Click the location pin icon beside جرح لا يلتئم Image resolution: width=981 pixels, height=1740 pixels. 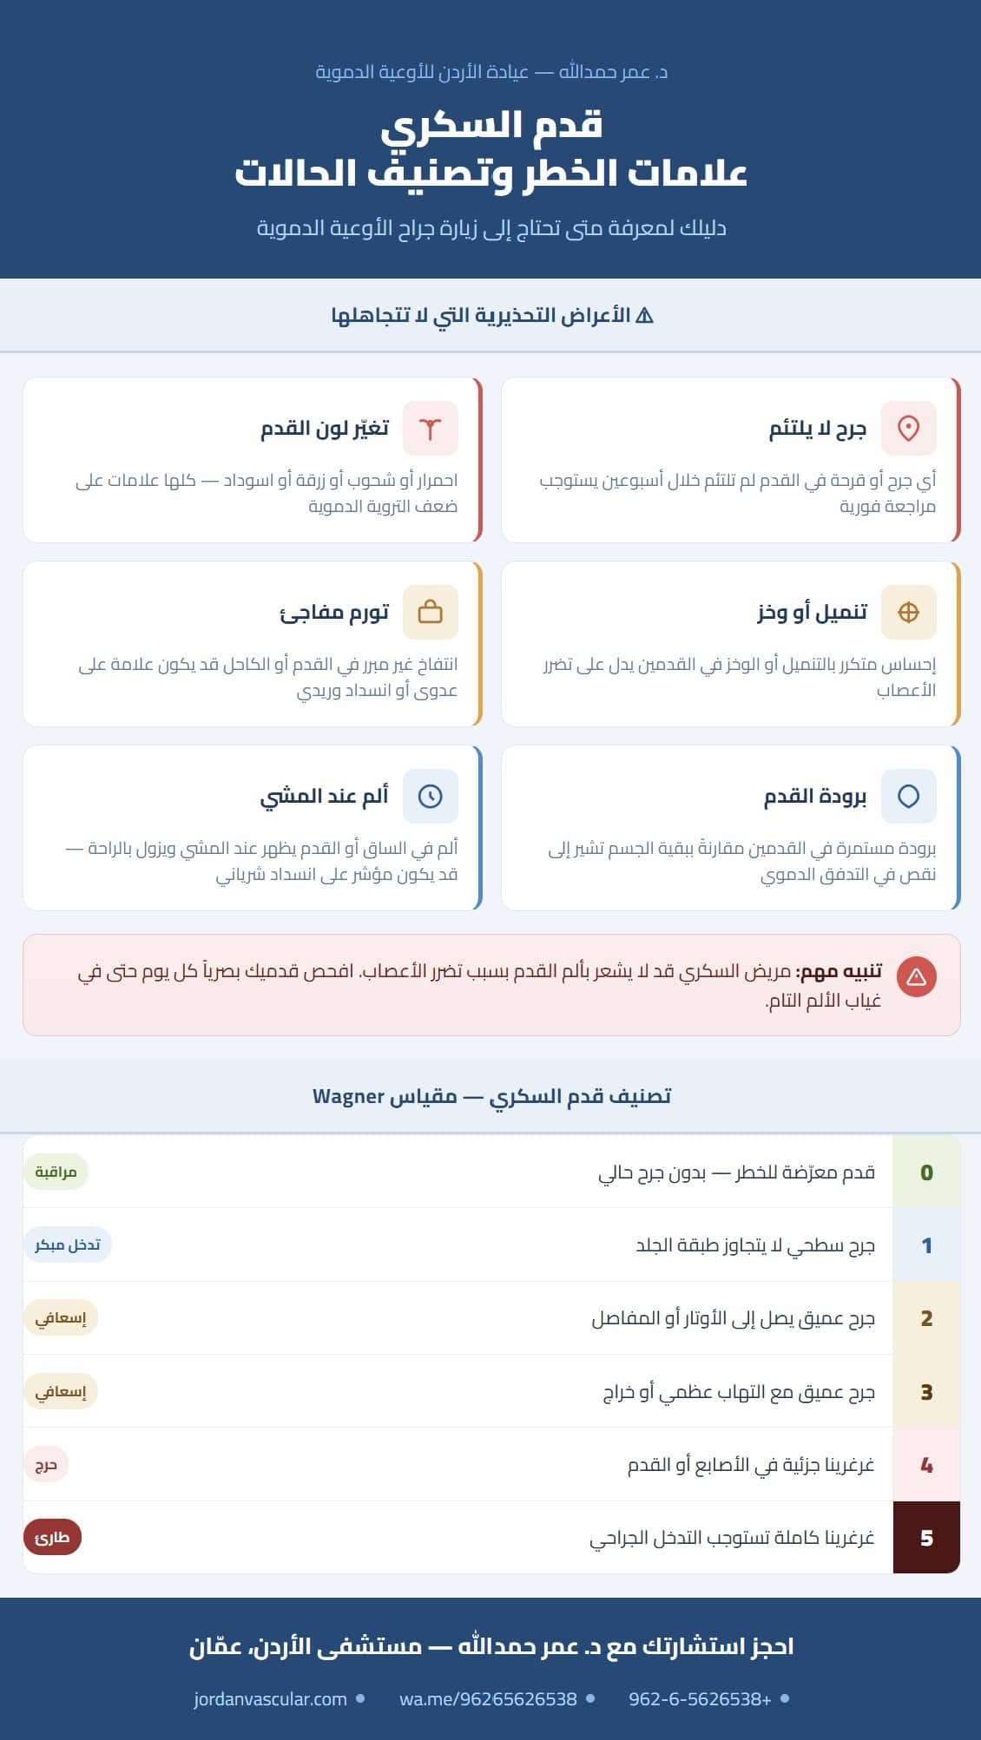coord(908,428)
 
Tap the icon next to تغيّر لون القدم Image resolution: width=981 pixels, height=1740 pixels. coord(430,428)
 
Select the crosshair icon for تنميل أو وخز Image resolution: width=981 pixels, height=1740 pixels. coord(908,612)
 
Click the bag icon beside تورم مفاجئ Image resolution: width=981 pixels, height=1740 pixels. coord(430,612)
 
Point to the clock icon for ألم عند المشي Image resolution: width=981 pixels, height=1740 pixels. coord(430,796)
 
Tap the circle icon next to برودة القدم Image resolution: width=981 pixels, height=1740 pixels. coord(908,796)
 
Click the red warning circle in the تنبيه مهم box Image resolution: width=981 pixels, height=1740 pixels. coord(916,977)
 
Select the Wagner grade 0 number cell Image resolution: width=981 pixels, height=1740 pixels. coord(926,1172)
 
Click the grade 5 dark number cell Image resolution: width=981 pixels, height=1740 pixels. coord(926,1538)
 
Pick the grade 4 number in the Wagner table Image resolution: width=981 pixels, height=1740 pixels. coord(926,1465)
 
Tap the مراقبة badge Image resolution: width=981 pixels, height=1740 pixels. coord(56,1172)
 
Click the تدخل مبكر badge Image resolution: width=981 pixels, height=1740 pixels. coord(67,1245)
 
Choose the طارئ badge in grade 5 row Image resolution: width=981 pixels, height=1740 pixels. coord(52,1538)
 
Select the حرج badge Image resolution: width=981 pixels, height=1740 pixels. coord(45,1465)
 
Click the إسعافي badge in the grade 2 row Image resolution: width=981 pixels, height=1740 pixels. coord(60,1318)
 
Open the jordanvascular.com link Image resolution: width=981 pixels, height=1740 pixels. coord(270,1699)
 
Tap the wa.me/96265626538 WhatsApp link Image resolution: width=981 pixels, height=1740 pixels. coord(488,1699)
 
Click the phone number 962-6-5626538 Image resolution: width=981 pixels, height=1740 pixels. coord(700,1699)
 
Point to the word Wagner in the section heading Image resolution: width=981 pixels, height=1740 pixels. coord(348,1097)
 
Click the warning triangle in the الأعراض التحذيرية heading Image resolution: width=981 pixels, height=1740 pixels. coord(644,315)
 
